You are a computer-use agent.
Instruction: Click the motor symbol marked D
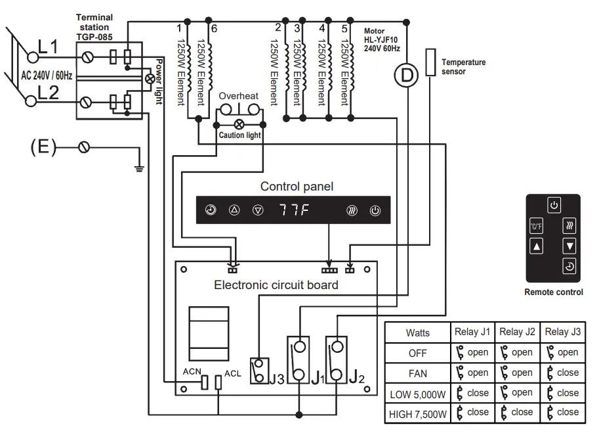tap(406, 76)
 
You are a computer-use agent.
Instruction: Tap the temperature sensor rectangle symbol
tap(430, 62)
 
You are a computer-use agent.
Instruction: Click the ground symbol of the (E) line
tap(138, 168)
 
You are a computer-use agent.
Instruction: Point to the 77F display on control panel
tap(293, 211)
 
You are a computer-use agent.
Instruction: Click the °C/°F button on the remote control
tap(537, 227)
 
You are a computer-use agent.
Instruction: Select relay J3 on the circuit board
tap(260, 370)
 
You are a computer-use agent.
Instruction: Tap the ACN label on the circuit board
tap(192, 372)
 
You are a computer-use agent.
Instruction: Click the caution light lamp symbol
tap(239, 123)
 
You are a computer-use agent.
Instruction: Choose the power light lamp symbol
tap(150, 79)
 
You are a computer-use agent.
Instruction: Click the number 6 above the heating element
tap(214, 28)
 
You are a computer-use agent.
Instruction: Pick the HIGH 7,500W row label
tap(418, 413)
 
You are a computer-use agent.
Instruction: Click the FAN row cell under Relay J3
tap(562, 373)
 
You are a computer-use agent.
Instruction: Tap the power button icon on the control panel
tap(375, 211)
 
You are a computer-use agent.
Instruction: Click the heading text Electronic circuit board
tap(276, 285)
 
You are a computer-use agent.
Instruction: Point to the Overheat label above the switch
tap(239, 96)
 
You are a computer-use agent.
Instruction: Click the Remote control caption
tap(554, 292)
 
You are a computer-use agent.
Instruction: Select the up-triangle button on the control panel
tap(234, 211)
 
